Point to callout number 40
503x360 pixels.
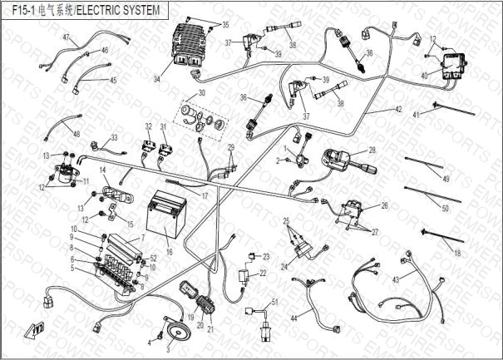pos(425,76)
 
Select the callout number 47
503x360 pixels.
pos(66,38)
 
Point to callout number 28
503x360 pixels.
pos(372,150)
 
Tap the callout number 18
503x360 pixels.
pos(457,250)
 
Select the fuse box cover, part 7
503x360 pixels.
pos(121,244)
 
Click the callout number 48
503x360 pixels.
pos(76,134)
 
